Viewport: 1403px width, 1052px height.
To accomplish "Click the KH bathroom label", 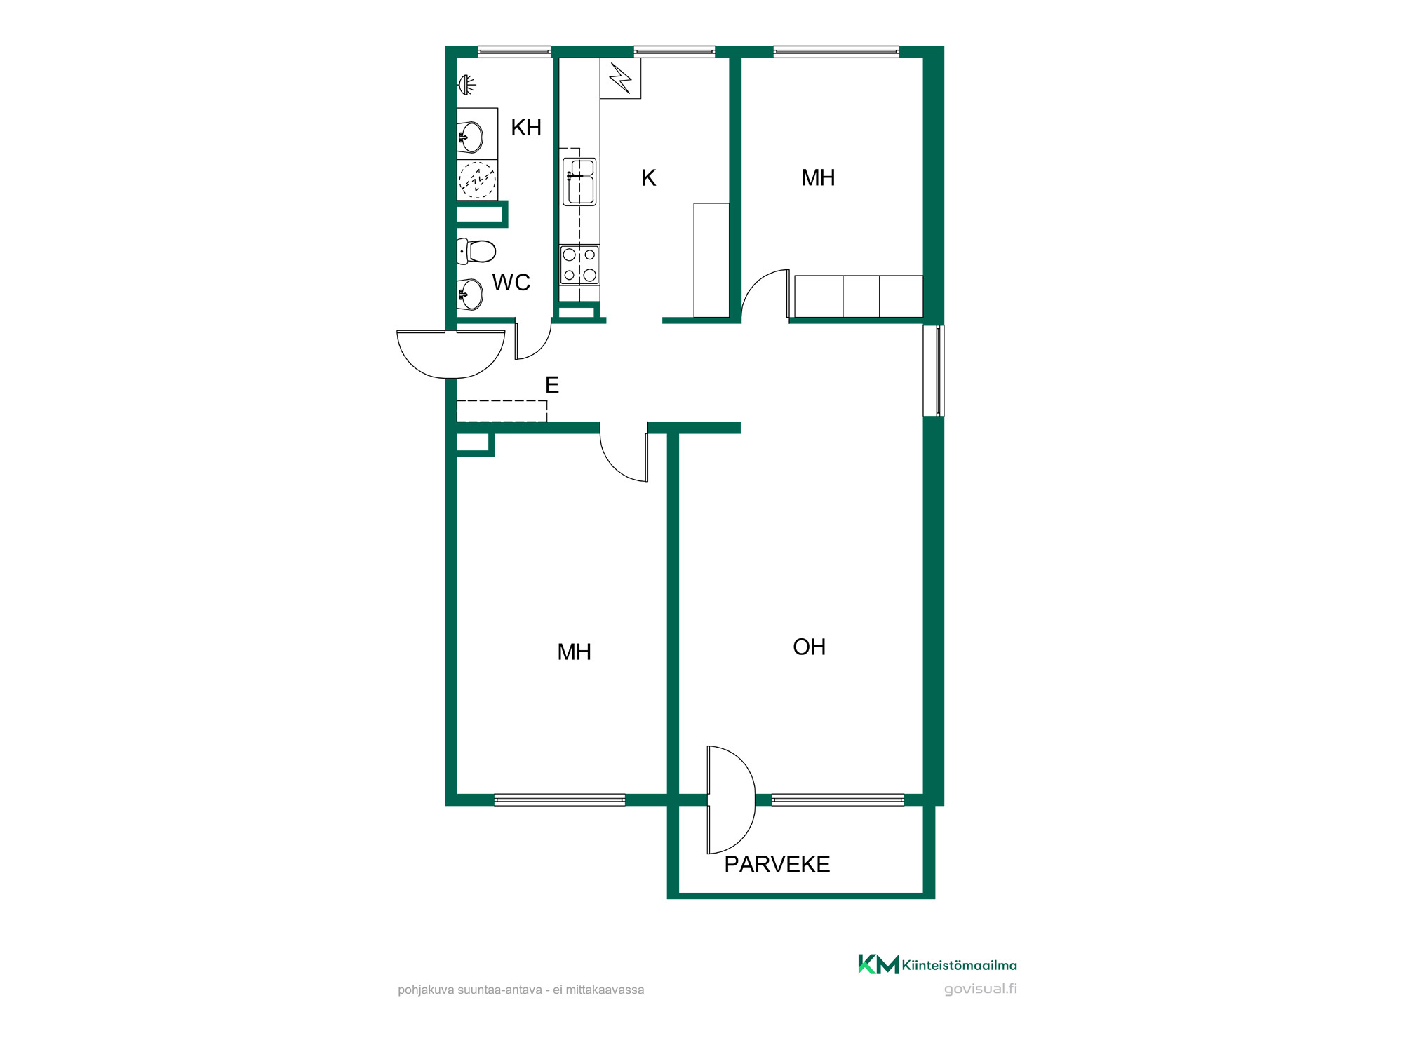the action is [526, 128].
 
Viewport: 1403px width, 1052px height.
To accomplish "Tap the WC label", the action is [511, 283].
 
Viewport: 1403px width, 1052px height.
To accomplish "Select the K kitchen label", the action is [649, 178].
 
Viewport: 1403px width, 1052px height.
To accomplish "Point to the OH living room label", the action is [809, 647].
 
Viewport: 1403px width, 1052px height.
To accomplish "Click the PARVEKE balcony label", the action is [777, 864].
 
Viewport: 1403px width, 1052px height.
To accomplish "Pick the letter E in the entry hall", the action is [552, 385].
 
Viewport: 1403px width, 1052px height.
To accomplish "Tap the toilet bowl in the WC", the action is [477, 251].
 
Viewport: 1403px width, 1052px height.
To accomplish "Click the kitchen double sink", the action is [579, 182].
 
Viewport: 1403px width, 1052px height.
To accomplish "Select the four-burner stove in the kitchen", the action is [579, 264].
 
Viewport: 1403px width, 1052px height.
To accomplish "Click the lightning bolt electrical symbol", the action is [621, 78].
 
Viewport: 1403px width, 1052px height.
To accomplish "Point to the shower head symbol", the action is [467, 85].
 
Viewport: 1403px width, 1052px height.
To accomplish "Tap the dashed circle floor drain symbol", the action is [477, 180].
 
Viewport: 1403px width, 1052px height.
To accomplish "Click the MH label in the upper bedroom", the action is [818, 178].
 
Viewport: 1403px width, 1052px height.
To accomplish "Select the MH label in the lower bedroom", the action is [574, 652].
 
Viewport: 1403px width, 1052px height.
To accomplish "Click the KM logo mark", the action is [878, 964].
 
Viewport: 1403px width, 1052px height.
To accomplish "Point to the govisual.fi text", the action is [980, 989].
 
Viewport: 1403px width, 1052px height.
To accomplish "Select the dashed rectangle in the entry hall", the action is [502, 411].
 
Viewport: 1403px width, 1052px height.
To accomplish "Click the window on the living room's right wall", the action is [934, 370].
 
